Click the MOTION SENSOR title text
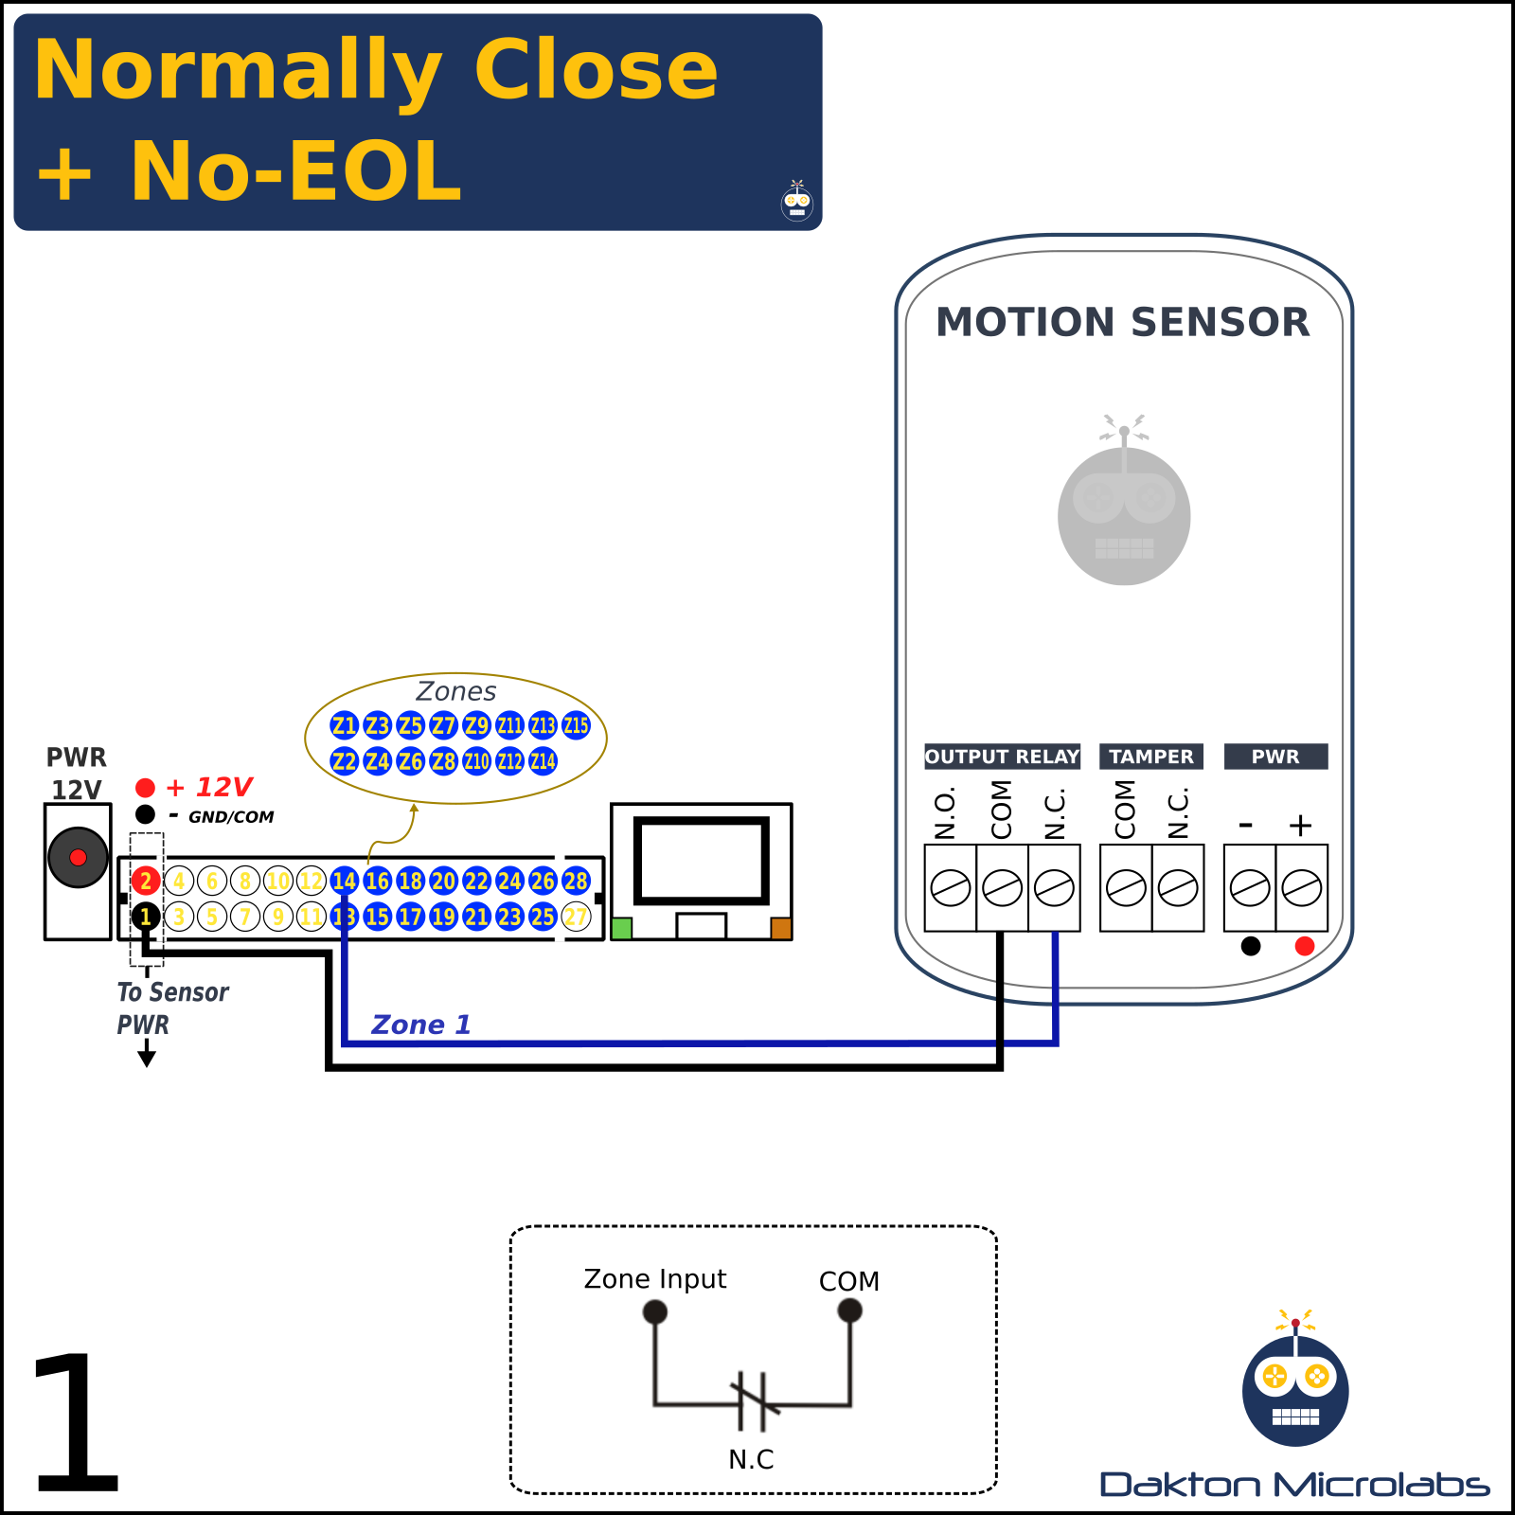1123,322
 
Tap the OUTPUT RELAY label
1002,757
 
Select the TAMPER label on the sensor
1151,757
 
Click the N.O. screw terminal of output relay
950,888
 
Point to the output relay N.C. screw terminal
1054,888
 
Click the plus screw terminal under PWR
1302,888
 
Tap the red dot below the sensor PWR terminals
1305,946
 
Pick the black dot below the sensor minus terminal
1251,946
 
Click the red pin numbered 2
145,882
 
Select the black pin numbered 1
145,917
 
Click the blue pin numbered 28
576,882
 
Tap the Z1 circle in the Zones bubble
344,726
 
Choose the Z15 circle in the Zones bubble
576,726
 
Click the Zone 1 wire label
420,1025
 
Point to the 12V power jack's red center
79,857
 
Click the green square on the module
622,928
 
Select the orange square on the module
781,928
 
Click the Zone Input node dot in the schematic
655,1311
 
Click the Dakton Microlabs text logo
1294,1485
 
